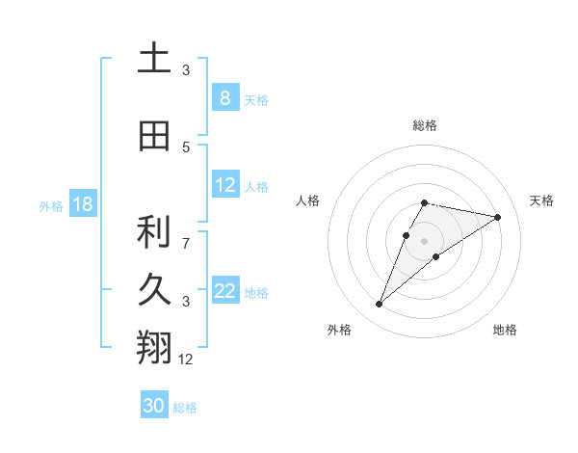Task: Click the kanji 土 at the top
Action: [154, 59]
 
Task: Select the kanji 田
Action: [154, 137]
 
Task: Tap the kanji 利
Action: [154, 232]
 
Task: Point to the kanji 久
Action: [154, 290]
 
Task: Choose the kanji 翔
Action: [154, 348]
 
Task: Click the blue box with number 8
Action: [224, 97]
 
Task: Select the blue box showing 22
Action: [224, 291]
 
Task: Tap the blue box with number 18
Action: [82, 204]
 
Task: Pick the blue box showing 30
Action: [154, 406]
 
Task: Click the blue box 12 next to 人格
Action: [224, 185]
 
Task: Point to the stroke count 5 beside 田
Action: [186, 147]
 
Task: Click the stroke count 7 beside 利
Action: [186, 234]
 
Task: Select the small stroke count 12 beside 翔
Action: [186, 360]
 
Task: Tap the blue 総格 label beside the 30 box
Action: [185, 408]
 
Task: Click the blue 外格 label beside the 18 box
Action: [50, 205]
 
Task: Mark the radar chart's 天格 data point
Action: [497, 217]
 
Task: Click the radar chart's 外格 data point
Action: [380, 305]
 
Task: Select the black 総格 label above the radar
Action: [424, 125]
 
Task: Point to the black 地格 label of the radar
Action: [505, 330]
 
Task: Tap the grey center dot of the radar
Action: [424, 240]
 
